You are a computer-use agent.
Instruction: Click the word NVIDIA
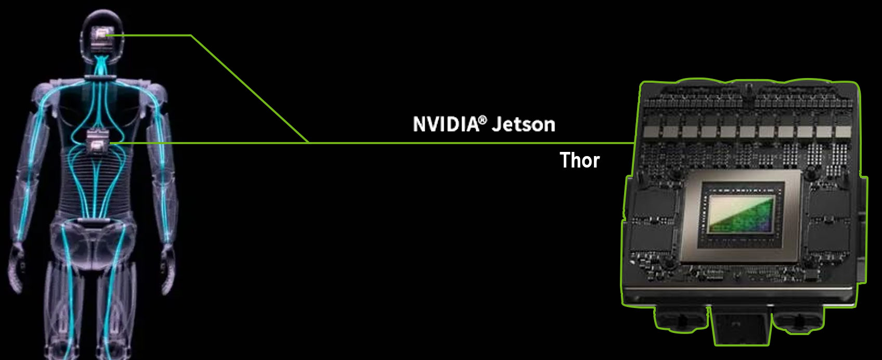point(446,124)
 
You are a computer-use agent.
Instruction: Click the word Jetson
point(524,124)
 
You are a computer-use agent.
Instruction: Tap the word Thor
point(580,160)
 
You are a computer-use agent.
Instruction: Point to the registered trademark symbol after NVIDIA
point(483,120)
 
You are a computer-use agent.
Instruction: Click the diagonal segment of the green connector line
point(250,89)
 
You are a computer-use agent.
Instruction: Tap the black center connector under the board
point(741,326)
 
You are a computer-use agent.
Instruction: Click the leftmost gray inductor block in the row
point(652,132)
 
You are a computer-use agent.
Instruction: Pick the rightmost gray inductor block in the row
point(844,132)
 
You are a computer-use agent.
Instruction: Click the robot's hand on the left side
point(16,268)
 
